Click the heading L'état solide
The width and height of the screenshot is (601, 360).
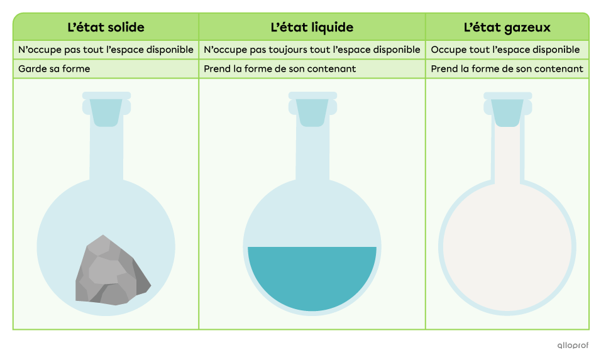click(x=106, y=27)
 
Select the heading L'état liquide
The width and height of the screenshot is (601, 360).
click(x=312, y=27)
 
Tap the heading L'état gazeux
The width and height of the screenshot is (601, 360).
click(x=507, y=27)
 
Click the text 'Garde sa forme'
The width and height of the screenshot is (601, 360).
click(x=54, y=68)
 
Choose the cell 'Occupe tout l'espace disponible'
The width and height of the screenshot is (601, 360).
click(x=505, y=49)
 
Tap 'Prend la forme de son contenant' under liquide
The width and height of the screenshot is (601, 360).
click(x=280, y=68)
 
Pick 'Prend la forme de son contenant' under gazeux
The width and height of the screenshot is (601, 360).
click(x=507, y=68)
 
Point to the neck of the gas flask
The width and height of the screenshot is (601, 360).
click(x=507, y=157)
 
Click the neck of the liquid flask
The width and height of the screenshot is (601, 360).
click(x=312, y=157)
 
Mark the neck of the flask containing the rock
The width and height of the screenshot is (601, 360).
click(x=106, y=157)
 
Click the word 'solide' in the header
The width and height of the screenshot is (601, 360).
click(x=125, y=27)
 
